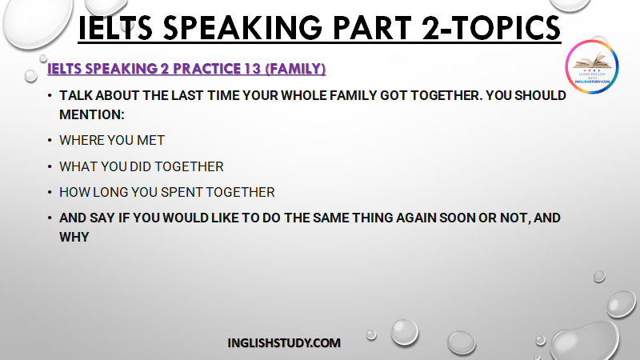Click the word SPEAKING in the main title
click(x=242, y=28)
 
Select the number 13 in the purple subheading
click(x=253, y=69)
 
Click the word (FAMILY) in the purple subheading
click(x=295, y=69)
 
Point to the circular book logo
click(x=592, y=66)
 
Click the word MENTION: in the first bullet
click(x=92, y=114)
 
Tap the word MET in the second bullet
click(x=150, y=141)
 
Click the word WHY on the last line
click(x=74, y=237)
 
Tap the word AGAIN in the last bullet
click(x=416, y=218)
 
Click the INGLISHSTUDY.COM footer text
click(x=284, y=343)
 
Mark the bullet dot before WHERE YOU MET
click(x=50, y=141)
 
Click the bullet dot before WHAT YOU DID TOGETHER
click(x=50, y=166)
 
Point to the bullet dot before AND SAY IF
click(x=50, y=218)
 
